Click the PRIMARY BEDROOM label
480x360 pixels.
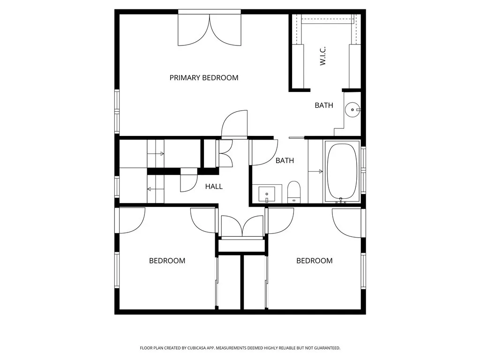click(204, 78)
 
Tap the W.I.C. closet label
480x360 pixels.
click(323, 56)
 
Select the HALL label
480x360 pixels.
click(214, 187)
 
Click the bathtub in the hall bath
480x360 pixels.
click(342, 171)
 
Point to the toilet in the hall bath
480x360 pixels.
click(294, 192)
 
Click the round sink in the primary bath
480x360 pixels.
click(352, 110)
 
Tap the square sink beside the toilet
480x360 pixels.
click(267, 195)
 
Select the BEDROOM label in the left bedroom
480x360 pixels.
click(167, 261)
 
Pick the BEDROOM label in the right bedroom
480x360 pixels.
click(315, 261)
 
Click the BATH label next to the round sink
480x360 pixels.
click(324, 105)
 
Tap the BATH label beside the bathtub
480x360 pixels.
click(285, 160)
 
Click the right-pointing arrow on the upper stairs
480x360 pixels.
click(156, 154)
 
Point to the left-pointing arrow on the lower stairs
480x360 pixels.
click(156, 189)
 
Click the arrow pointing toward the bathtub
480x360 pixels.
click(315, 172)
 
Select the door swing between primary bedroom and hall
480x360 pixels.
click(234, 123)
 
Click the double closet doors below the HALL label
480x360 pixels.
click(242, 226)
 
